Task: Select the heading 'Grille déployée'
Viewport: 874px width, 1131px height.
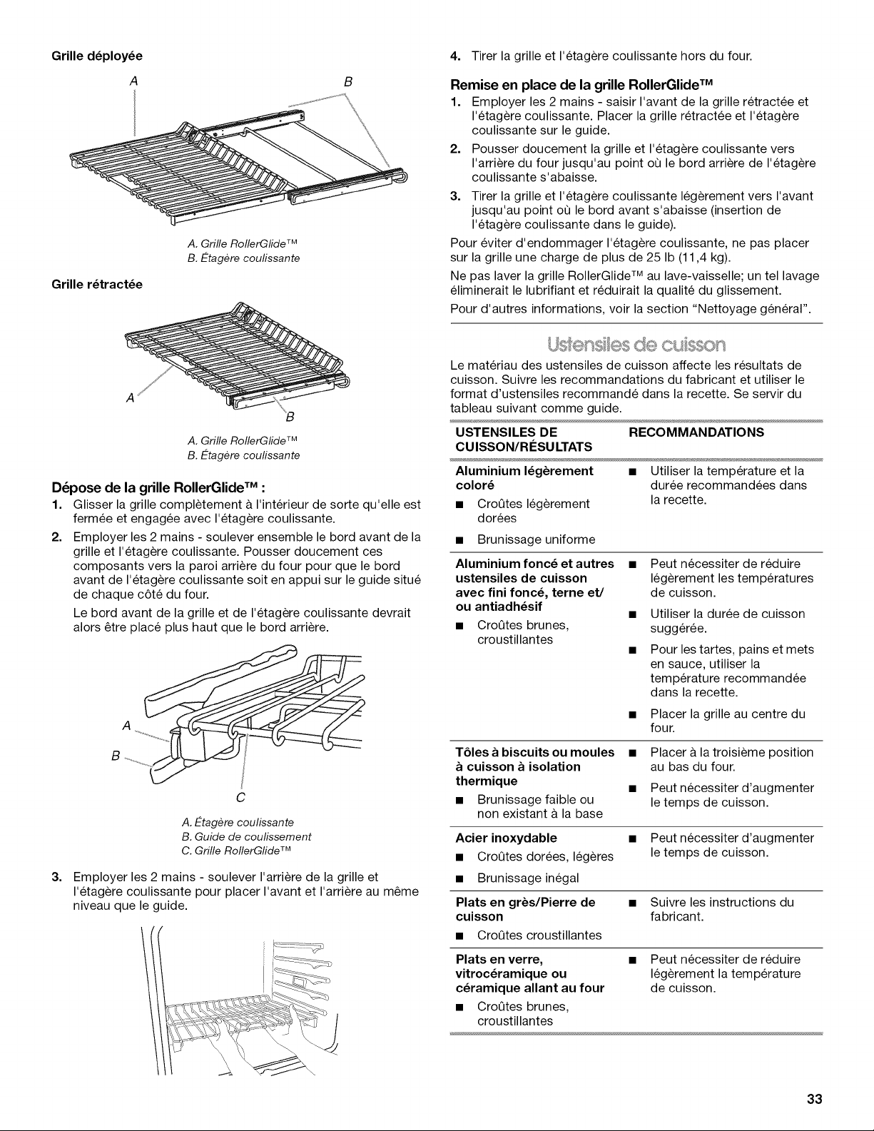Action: click(x=97, y=56)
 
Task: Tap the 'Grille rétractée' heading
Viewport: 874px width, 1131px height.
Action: click(x=97, y=284)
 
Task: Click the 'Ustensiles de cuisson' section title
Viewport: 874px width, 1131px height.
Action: click(x=636, y=345)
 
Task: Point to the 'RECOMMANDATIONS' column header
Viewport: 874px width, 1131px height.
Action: click(x=696, y=432)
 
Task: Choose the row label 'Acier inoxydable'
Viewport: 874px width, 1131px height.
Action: click(x=506, y=838)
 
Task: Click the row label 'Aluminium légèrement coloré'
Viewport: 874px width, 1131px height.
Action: click(x=524, y=478)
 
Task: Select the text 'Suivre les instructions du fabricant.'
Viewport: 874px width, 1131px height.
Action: click(x=722, y=909)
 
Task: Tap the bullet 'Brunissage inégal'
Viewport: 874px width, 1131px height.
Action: click(x=527, y=878)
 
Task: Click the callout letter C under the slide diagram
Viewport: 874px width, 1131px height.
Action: click(x=240, y=798)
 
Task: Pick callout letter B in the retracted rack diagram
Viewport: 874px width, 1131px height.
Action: click(x=290, y=417)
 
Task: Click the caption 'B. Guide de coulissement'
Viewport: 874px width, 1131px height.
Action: click(x=246, y=837)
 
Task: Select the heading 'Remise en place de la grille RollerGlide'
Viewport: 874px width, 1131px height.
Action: click(x=581, y=84)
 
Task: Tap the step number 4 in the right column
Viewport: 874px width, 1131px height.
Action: click(x=454, y=56)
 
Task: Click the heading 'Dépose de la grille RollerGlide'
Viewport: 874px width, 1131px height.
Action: click(x=159, y=487)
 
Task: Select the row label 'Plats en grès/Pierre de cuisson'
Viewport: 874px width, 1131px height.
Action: click(x=525, y=909)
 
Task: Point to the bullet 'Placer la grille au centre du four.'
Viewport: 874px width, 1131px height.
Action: click(x=728, y=721)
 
